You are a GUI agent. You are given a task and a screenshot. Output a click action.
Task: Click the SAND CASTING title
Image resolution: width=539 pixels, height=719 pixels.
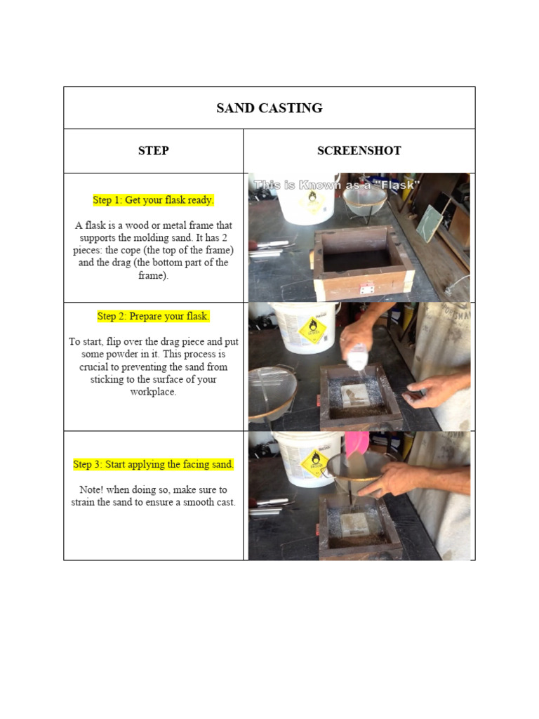click(269, 108)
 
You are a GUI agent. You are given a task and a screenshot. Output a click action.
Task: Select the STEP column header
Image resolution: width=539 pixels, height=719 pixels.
click(153, 151)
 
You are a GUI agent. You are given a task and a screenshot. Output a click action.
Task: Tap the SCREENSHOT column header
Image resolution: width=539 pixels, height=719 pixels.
click(359, 151)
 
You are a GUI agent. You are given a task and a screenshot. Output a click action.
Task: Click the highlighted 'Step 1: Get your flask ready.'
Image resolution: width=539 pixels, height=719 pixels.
click(153, 200)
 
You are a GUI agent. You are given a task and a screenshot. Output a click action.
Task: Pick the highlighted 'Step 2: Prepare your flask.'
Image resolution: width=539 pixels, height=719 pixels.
click(153, 316)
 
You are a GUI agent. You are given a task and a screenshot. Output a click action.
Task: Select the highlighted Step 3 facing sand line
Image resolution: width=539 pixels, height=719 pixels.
click(153, 465)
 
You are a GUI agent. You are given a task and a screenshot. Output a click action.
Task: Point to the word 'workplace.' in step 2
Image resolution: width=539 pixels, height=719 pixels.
click(153, 392)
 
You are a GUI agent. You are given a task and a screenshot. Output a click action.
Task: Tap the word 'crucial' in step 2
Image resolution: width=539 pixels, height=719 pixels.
click(88, 367)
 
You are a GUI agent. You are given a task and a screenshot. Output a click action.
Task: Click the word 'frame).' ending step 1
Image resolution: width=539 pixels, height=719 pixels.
click(153, 276)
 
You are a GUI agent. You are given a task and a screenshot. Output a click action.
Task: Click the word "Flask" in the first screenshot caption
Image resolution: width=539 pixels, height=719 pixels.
click(395, 185)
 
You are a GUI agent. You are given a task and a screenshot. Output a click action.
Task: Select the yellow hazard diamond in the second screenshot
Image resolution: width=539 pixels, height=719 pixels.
click(312, 330)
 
